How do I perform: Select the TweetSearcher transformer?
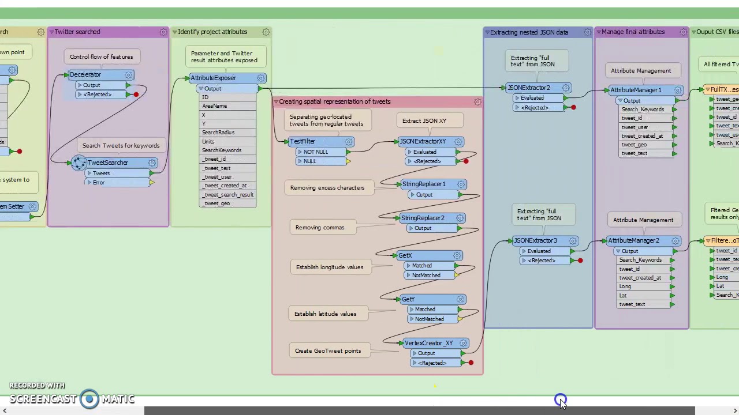pos(108,163)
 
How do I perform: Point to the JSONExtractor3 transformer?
pos(535,241)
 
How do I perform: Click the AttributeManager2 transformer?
pos(634,241)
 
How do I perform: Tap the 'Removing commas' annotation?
pos(320,228)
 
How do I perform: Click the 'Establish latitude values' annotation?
pos(325,314)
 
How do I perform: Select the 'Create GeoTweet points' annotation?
pos(327,351)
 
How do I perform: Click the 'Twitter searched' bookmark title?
pos(77,32)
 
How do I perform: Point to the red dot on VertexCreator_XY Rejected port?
pos(471,363)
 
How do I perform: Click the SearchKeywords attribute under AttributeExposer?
pos(222,150)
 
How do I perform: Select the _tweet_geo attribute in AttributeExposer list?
pos(217,203)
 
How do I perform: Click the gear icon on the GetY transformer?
pos(460,300)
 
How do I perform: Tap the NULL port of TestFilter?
pos(310,161)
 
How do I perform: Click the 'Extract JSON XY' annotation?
pos(424,121)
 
